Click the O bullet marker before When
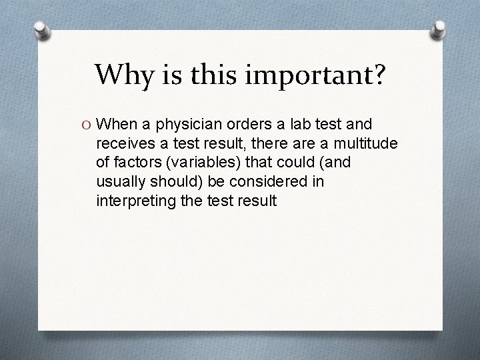tap(88, 125)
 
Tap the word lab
tap(300, 125)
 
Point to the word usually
tap(121, 181)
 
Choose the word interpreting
tap(134, 200)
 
